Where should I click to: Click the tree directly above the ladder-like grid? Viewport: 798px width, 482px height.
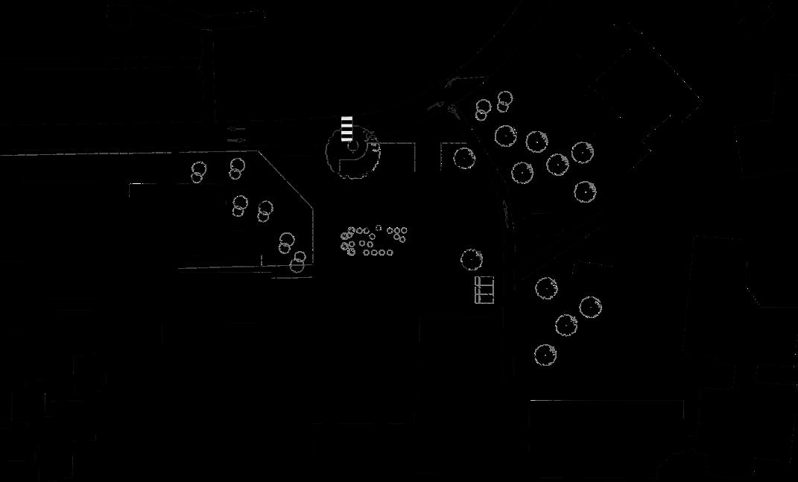tap(472, 259)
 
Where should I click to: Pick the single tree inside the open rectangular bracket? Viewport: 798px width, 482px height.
tap(464, 157)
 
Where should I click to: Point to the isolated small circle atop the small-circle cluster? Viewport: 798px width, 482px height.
tap(379, 229)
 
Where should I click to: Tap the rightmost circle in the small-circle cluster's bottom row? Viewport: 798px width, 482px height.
tap(390, 252)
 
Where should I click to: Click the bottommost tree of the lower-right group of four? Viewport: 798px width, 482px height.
tap(545, 354)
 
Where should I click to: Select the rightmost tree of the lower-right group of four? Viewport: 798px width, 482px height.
tap(590, 306)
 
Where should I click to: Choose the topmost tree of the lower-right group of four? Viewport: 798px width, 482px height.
tap(546, 287)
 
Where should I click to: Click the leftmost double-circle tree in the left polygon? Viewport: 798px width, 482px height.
tap(198, 171)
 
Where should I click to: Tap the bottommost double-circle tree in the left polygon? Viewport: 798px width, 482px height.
tap(297, 261)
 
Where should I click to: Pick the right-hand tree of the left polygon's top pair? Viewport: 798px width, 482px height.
tap(236, 168)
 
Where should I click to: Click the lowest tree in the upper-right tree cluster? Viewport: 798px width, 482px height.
tap(586, 191)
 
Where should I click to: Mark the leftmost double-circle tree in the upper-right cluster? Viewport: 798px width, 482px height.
tap(483, 110)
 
